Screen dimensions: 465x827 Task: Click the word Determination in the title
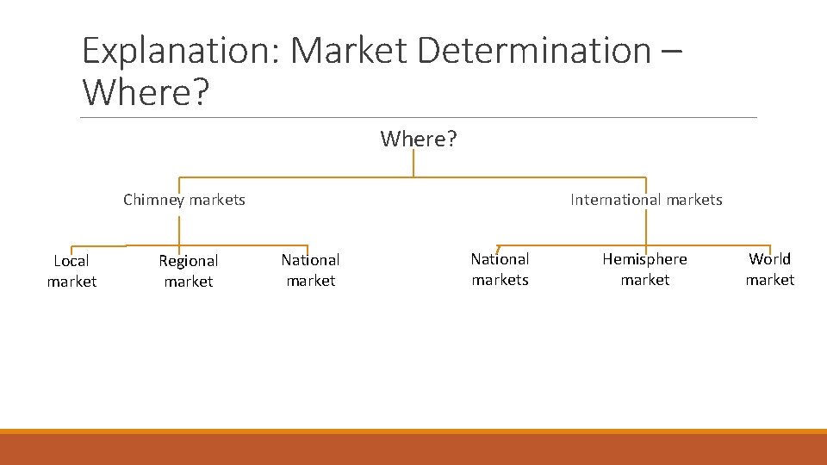tap(533, 52)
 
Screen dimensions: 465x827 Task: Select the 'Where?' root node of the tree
tap(419, 139)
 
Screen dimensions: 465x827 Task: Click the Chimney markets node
tap(184, 200)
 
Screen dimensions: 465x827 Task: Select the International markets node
tap(646, 200)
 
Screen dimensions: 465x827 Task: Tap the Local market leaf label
tap(72, 270)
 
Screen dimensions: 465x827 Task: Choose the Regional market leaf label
tap(189, 270)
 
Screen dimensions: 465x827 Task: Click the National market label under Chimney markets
tap(310, 270)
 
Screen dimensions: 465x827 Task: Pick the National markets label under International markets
tap(500, 269)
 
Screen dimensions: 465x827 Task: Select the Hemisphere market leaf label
tap(644, 269)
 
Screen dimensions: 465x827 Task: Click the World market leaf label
tap(769, 269)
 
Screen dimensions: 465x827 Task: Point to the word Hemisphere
tap(644, 259)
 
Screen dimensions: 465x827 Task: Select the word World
tap(769, 259)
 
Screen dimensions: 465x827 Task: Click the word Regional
tap(189, 261)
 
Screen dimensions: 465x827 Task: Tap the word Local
tap(72, 261)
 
